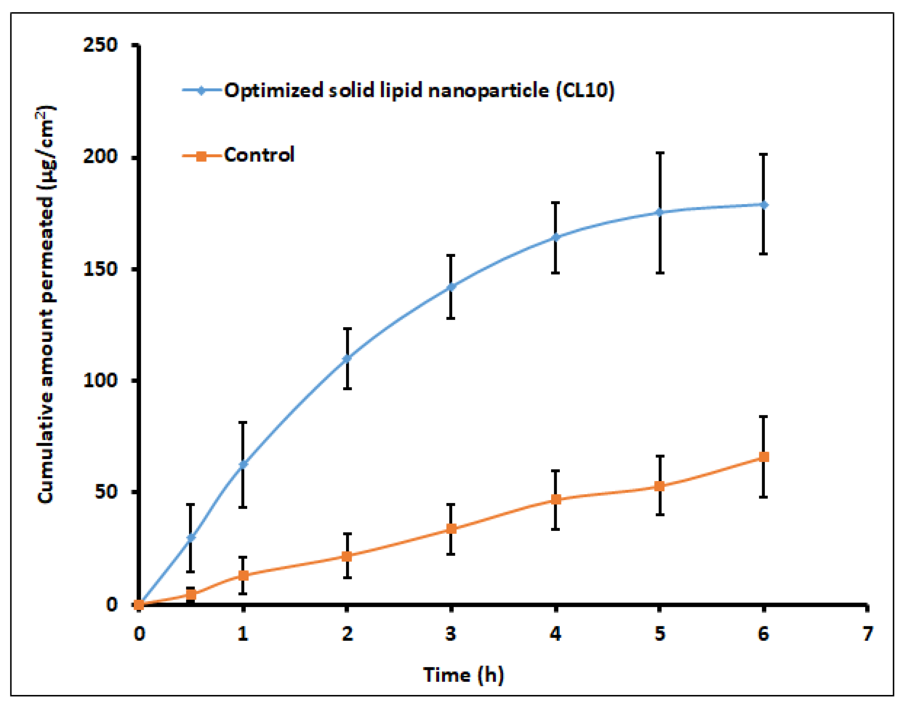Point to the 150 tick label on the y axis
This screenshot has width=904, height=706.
coord(100,269)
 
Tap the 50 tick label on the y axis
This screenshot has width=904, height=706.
coord(106,492)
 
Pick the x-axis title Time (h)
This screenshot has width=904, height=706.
coord(463,674)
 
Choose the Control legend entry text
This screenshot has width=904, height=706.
coord(259,155)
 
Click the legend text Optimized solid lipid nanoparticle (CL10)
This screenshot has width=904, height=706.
coord(419,90)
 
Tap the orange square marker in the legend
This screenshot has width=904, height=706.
coord(201,156)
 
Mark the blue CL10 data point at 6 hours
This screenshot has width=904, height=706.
coord(764,205)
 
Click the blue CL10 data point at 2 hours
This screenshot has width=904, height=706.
coord(347,358)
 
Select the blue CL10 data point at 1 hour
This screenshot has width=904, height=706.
coord(243,464)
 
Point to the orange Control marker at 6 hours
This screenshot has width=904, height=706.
coord(764,457)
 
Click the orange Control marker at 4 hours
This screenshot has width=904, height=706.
coord(556,500)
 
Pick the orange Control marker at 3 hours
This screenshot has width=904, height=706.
coord(451,529)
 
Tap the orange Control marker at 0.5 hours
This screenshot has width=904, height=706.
coord(191,595)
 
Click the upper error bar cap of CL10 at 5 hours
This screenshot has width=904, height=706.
coord(660,153)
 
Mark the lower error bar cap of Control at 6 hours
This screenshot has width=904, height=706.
coord(764,497)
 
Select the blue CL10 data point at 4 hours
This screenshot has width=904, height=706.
coord(556,237)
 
